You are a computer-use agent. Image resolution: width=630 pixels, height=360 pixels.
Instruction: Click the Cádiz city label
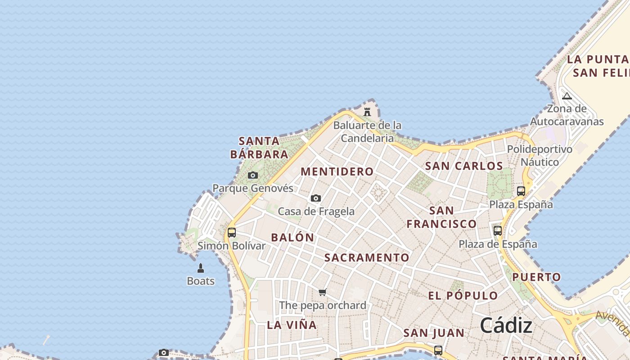coord(506,325)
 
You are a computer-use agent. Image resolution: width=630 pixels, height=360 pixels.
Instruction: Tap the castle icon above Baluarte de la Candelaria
coord(367,112)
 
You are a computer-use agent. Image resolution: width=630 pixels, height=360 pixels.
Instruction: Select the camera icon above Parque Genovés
coord(253,175)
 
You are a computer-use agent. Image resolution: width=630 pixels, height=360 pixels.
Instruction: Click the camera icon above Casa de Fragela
coord(316,198)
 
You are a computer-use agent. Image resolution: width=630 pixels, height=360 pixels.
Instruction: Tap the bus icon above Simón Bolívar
coord(232,233)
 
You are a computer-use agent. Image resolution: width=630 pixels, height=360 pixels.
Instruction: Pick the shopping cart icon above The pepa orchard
coord(323,292)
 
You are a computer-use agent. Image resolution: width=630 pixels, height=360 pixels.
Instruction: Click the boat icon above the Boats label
coord(201,268)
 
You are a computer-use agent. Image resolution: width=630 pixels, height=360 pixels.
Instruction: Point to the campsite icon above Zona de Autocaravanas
coord(567,96)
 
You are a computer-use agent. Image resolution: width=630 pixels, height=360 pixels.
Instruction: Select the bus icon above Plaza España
coord(521,191)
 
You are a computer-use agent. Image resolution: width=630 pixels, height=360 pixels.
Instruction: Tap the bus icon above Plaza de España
coord(498,231)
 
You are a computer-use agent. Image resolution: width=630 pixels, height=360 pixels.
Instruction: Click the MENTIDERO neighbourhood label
coord(337,171)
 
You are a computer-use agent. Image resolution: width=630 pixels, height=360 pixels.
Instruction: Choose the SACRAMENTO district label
coord(367,258)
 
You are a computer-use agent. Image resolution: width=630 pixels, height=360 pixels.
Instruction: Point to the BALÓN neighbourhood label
coord(292,238)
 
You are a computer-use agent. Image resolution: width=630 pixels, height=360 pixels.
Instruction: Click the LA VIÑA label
coord(292,325)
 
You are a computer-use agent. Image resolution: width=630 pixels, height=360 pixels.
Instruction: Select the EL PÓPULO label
coord(463,296)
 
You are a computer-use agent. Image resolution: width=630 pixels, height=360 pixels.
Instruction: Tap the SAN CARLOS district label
coord(464,166)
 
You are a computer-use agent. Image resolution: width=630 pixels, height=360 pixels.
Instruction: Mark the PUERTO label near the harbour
coord(537,277)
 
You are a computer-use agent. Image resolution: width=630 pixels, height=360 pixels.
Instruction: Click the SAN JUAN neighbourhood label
coord(434,333)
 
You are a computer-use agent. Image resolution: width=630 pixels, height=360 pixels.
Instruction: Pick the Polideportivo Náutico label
coord(540,156)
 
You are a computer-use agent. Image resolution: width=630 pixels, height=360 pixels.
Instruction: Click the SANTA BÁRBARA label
coord(259,148)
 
